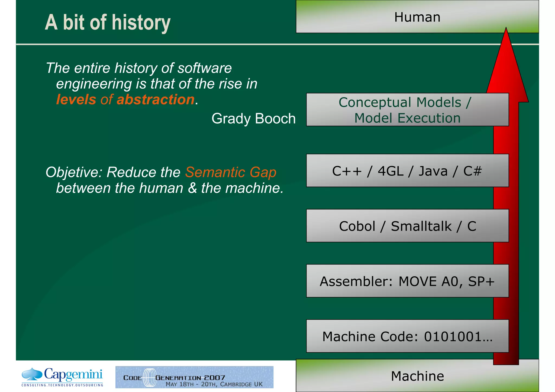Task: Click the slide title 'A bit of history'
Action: pyautogui.click(x=108, y=23)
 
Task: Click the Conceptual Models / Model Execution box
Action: pyautogui.click(x=407, y=110)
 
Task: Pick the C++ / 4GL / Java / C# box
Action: pyautogui.click(x=407, y=171)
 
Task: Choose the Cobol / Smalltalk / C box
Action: pyautogui.click(x=407, y=226)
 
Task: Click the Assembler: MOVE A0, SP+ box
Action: pyautogui.click(x=407, y=281)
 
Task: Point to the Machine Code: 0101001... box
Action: pyautogui.click(x=407, y=336)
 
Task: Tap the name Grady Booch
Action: pyautogui.click(x=253, y=119)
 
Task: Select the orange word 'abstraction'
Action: pyautogui.click(x=156, y=99)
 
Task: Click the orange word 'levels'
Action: pyautogui.click(x=76, y=99)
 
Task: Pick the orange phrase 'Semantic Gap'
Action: pyautogui.click(x=231, y=172)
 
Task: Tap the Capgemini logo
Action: pyautogui.click(x=62, y=377)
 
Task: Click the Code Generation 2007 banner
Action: pyautogui.click(x=194, y=377)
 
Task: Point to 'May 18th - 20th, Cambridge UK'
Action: pyautogui.click(x=214, y=384)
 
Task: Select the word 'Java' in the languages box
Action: pyautogui.click(x=433, y=171)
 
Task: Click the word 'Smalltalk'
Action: pyautogui.click(x=421, y=226)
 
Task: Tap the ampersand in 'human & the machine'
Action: pyautogui.click(x=192, y=188)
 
